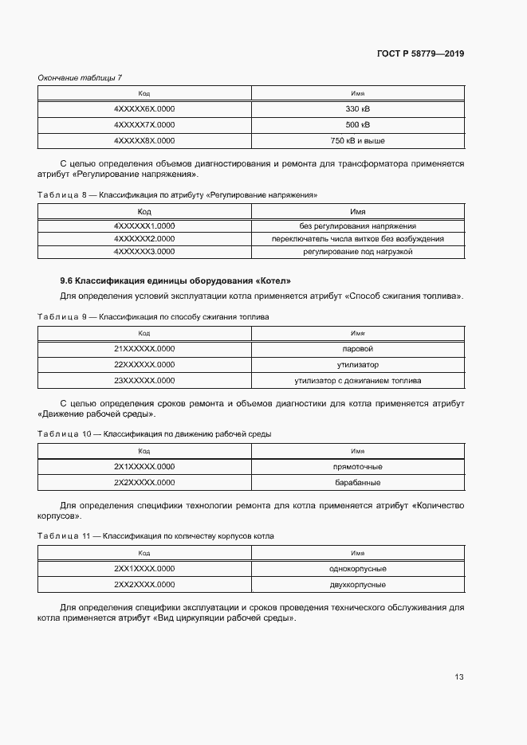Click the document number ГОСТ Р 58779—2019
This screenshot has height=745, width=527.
[x=420, y=54]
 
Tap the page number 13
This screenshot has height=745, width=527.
[x=458, y=677]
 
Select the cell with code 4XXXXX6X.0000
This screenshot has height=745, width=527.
[x=144, y=109]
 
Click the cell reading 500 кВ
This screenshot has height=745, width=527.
[x=357, y=125]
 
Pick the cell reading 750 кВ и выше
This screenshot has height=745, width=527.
[x=357, y=141]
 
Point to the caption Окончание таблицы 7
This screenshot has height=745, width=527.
[x=80, y=76]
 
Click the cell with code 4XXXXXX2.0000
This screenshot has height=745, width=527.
[x=144, y=239]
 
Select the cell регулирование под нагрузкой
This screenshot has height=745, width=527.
[x=357, y=252]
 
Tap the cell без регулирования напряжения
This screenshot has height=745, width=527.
[x=357, y=226]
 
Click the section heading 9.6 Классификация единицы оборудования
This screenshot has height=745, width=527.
[x=175, y=280]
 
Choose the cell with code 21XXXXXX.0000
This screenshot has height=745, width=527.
[x=144, y=349]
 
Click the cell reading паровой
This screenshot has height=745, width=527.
[x=357, y=349]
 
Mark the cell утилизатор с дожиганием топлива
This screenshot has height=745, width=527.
[x=357, y=381]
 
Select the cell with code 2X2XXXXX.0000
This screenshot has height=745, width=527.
[x=144, y=483]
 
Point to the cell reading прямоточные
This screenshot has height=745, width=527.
[x=357, y=467]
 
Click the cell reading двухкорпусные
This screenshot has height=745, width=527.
[x=357, y=585]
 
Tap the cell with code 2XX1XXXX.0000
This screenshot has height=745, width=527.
[x=144, y=569]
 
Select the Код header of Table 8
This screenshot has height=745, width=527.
[x=144, y=212]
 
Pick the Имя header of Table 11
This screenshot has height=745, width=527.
[x=357, y=552]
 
